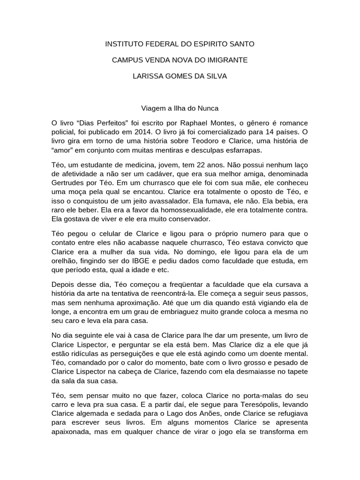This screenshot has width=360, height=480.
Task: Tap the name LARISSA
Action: tap(149, 76)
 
